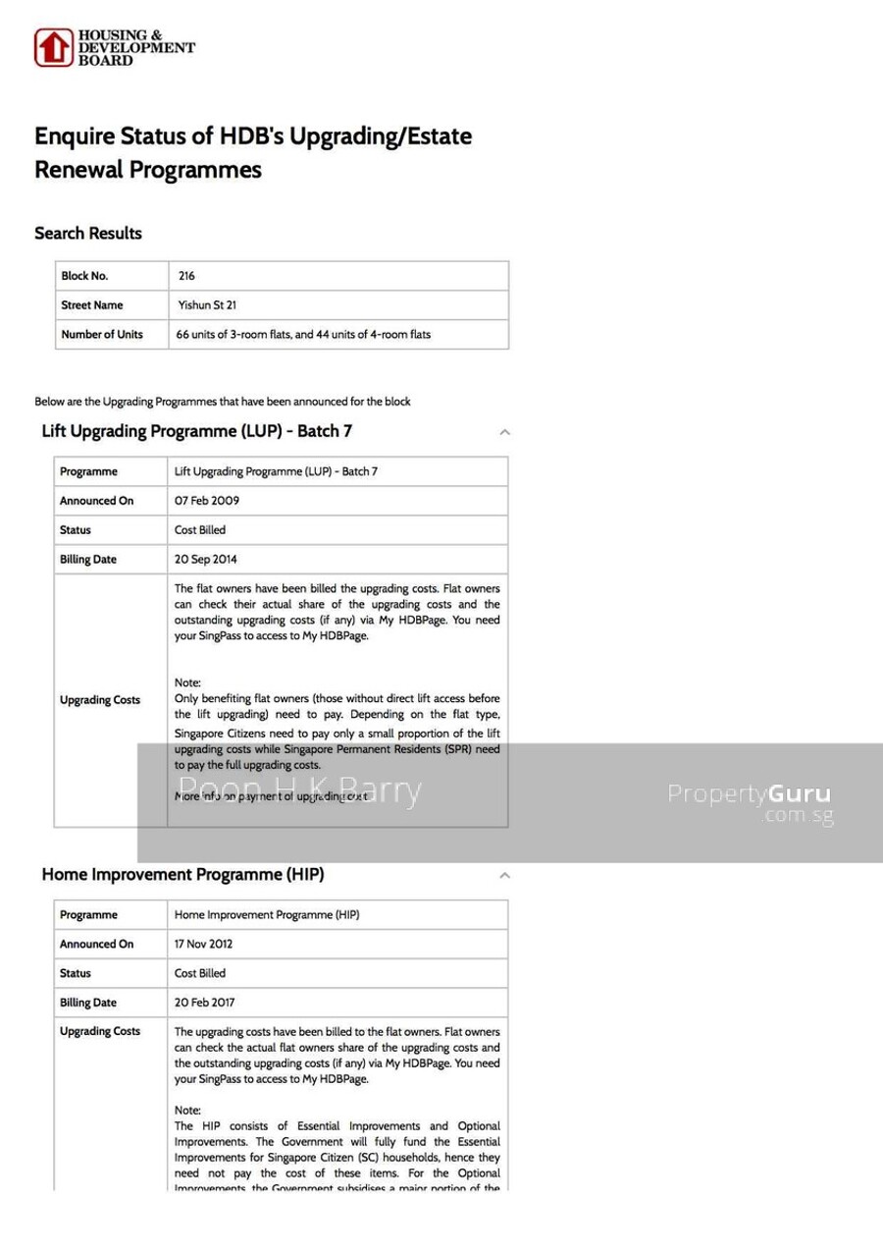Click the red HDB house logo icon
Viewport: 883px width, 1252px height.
53,47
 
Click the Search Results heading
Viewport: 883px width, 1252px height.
88,234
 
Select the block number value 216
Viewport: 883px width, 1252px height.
186,276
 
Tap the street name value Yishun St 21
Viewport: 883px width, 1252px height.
207,305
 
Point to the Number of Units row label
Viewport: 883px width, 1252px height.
102,335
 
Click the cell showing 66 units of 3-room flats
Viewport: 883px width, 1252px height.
303,335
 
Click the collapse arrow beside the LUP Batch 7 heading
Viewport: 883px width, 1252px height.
504,432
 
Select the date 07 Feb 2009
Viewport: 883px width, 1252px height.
207,501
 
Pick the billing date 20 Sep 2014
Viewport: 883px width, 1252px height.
206,560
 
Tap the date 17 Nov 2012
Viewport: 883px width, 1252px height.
204,945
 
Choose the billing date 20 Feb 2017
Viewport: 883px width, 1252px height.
205,1004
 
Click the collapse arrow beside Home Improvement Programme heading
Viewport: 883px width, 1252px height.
504,875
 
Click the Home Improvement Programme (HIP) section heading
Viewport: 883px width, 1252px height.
182,875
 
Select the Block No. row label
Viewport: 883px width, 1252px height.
84,276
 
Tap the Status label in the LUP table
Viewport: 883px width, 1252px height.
76,530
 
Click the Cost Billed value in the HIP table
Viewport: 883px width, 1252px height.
200,974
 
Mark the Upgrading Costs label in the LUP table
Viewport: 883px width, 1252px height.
100,700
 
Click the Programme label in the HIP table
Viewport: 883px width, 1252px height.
88,915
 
